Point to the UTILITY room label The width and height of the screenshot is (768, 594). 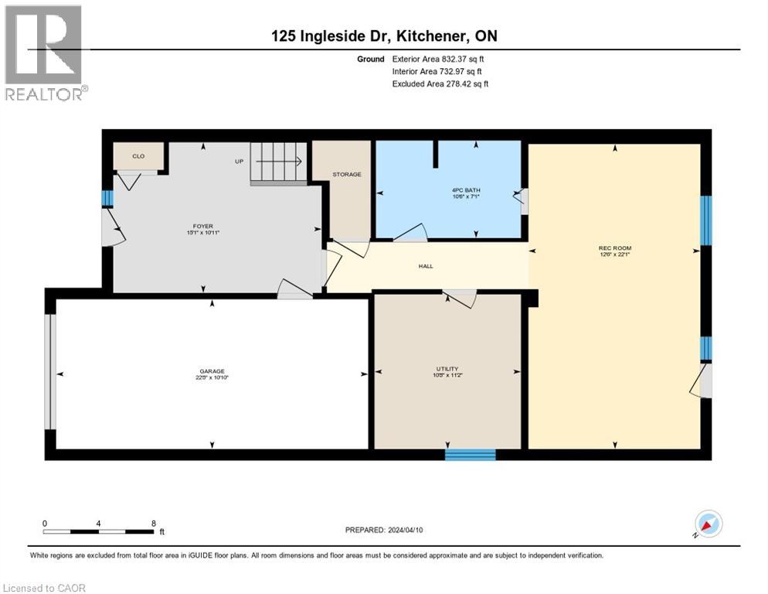(447, 369)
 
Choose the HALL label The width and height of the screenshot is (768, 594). (426, 266)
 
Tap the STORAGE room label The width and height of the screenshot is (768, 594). (347, 175)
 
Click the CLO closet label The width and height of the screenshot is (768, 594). (138, 156)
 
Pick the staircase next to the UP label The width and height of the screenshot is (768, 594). (279, 162)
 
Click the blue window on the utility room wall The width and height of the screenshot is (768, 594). (470, 455)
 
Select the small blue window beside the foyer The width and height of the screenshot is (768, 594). (107, 198)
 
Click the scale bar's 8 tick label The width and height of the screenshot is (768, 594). (153, 524)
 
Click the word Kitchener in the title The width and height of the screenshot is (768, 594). (436, 36)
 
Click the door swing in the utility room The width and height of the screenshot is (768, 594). (462, 299)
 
